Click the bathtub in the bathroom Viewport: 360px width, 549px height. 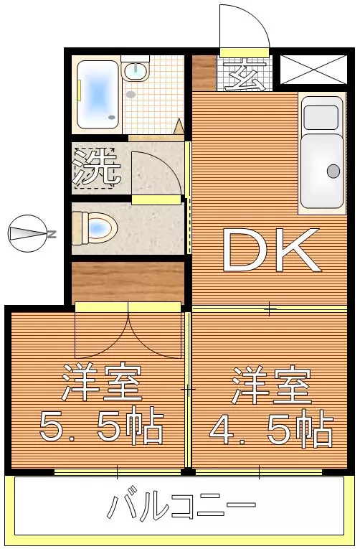point(98,94)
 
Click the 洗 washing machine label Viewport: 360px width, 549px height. point(96,168)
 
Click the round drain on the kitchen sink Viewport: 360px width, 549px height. point(333,171)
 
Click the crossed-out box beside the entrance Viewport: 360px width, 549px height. point(311,70)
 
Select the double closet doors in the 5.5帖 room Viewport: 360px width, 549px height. point(128,334)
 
